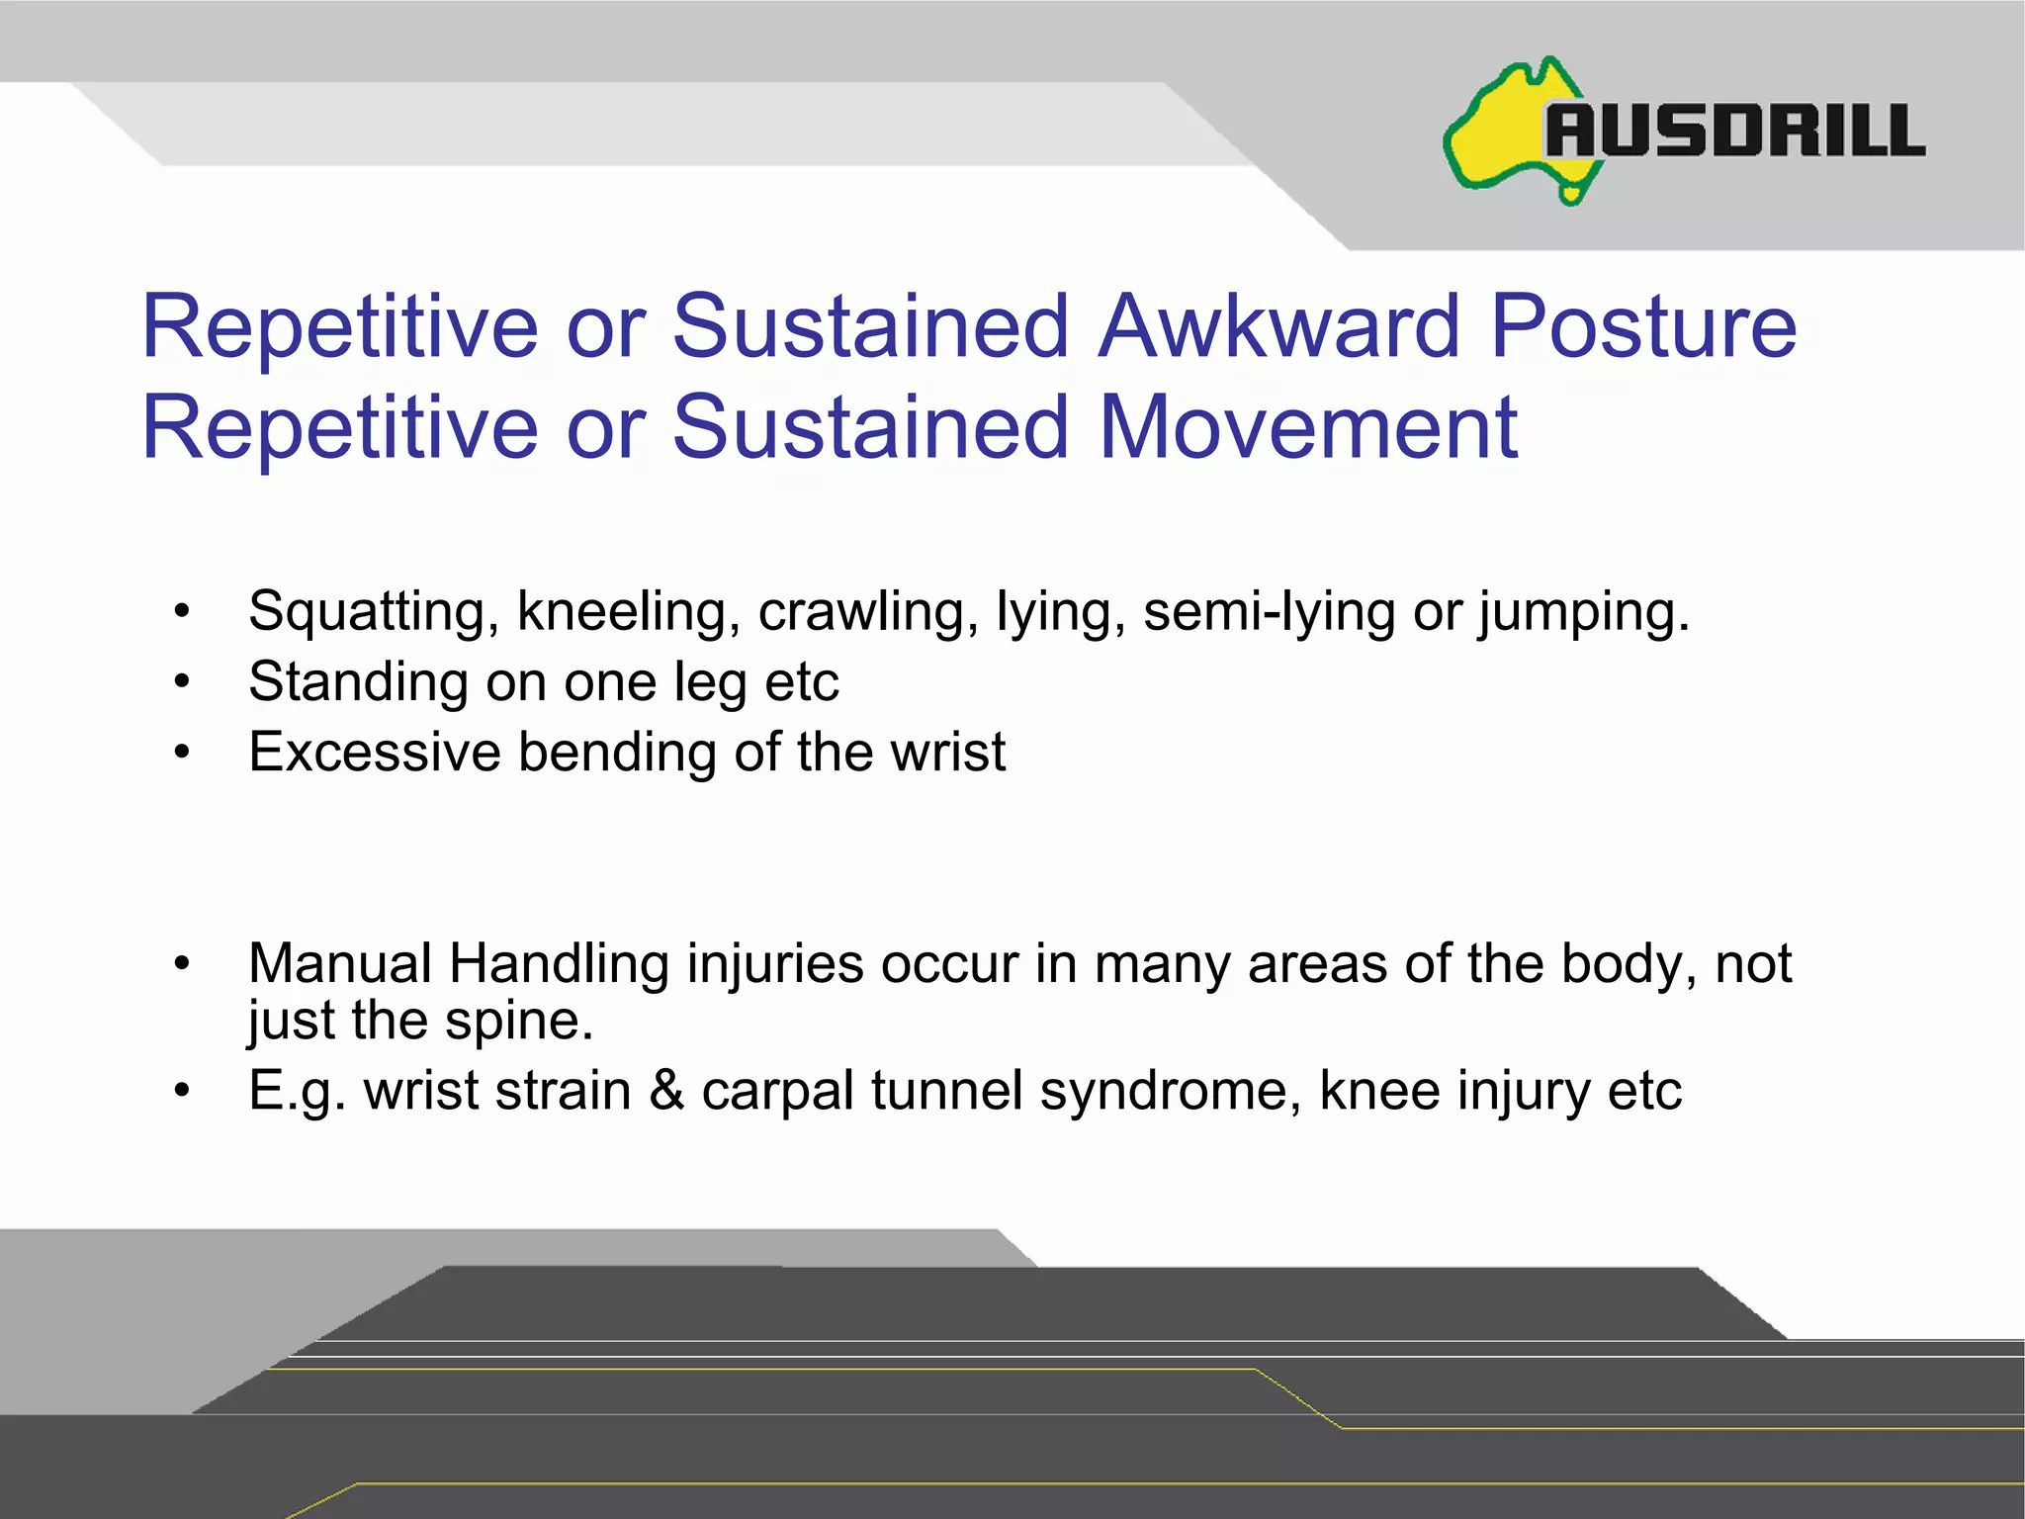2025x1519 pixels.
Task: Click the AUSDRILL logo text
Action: click(1735, 131)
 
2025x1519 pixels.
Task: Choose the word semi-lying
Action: click(1269, 612)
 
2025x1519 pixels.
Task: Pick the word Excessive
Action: click(374, 752)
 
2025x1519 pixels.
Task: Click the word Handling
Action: click(559, 964)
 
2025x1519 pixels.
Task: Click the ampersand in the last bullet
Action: click(667, 1091)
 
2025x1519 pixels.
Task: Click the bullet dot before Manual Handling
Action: click(181, 964)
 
